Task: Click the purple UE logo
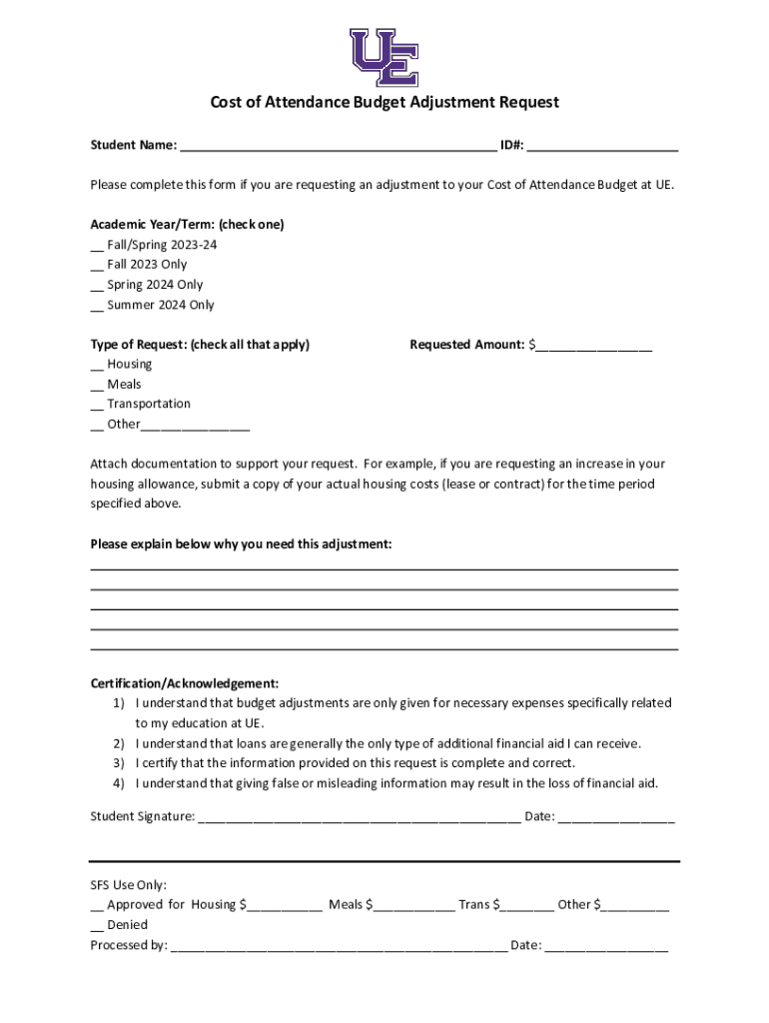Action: [384, 57]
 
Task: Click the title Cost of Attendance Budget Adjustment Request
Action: [384, 102]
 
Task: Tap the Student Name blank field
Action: [338, 146]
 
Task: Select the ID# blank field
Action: [602, 146]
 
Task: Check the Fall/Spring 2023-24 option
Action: [97, 246]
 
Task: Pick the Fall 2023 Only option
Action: [97, 266]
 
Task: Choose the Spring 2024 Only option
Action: [97, 286]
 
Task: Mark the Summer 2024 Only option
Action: [97, 306]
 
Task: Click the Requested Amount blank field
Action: [593, 346]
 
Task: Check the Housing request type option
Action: [97, 366]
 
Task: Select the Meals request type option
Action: [97, 386]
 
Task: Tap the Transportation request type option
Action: [97, 406]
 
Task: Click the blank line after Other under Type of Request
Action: [195, 426]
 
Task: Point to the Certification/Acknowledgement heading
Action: [185, 683]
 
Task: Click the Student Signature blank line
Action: [359, 818]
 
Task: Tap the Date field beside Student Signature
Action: [616, 818]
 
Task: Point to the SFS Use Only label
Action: [129, 885]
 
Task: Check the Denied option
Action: [97, 926]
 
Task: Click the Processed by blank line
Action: [339, 946]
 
